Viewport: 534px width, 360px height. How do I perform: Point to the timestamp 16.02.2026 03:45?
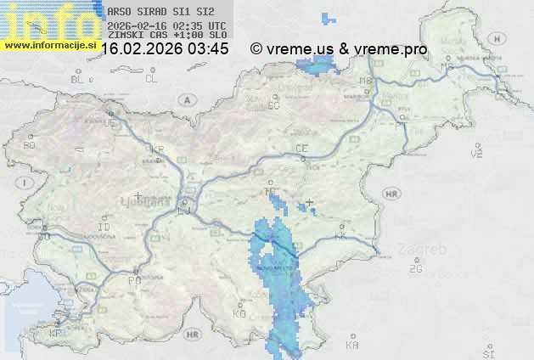pos(165,49)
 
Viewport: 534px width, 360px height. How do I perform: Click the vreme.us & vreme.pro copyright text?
pos(339,49)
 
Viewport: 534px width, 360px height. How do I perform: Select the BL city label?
pos(77,79)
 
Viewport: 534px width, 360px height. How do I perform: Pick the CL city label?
pos(151,79)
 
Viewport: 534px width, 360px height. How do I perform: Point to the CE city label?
pos(301,149)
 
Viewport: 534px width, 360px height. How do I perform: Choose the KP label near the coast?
pos(56,333)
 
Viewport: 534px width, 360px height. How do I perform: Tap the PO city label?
pos(133,279)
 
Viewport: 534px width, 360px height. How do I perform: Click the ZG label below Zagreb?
pos(415,269)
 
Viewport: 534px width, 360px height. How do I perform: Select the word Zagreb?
pos(426,250)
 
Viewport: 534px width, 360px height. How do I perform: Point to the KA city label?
pos(352,346)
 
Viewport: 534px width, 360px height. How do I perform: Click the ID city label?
pos(104,228)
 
